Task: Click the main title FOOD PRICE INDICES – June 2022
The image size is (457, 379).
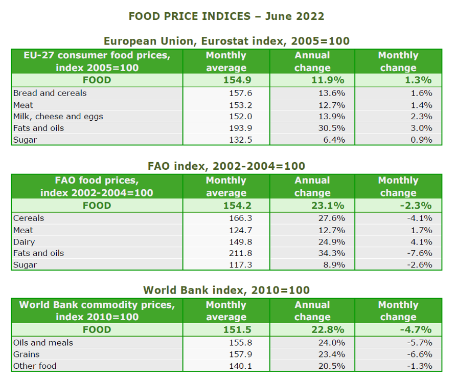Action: coord(226,16)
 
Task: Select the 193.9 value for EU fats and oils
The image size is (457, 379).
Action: coord(240,128)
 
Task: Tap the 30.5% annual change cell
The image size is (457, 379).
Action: coord(332,128)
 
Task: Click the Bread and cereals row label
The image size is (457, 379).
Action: coord(50,93)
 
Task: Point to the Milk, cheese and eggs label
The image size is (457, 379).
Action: coord(58,116)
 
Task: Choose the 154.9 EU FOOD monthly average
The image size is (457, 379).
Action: coord(237,80)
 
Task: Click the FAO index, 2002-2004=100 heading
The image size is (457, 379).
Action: coord(226,166)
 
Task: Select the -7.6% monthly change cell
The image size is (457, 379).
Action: coord(420,253)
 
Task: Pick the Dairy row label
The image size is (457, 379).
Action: coord(24,242)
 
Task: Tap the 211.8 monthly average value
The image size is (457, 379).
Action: coord(240,253)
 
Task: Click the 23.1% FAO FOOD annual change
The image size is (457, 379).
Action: coord(328,206)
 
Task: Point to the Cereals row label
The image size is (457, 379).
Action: coord(29,218)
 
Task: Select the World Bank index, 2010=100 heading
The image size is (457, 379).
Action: coord(226,290)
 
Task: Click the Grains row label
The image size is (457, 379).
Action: coord(26,354)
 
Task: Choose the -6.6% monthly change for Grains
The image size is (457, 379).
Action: coord(420,354)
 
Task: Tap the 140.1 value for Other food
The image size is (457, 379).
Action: coord(240,366)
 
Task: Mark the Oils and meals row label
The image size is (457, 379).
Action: coord(43,343)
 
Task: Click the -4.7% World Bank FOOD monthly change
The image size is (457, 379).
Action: coord(416,330)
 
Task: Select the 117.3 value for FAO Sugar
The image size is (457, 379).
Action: coord(240,265)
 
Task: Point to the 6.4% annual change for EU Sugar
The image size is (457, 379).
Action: coord(334,140)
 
